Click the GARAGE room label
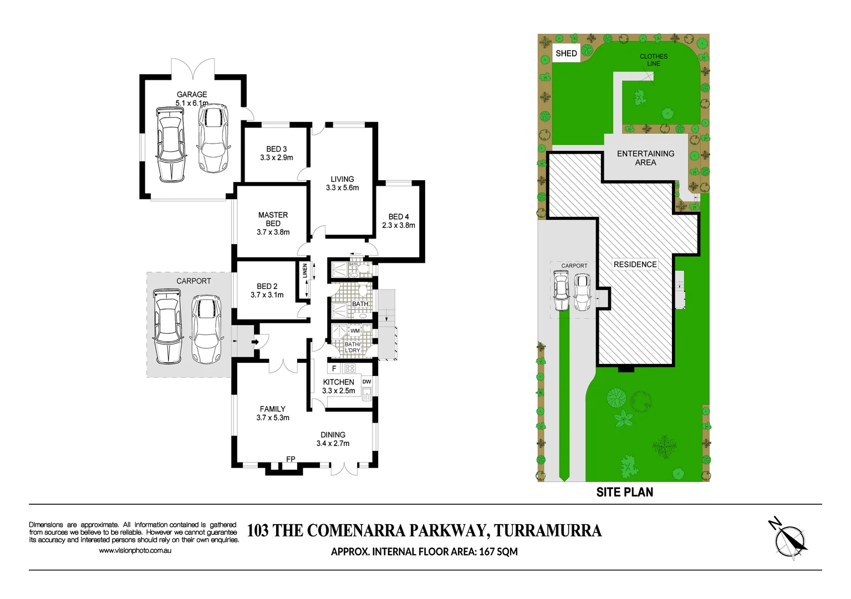[192, 94]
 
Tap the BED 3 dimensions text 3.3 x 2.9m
[277, 158]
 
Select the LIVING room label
[342, 179]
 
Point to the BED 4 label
[399, 216]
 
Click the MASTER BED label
[273, 219]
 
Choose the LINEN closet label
[305, 271]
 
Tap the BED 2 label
[267, 286]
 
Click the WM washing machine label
[355, 331]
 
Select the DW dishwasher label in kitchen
[366, 382]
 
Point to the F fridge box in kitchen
[334, 368]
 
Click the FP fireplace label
[291, 459]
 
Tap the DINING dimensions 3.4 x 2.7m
[333, 443]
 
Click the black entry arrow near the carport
[255, 342]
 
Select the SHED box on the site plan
[566, 53]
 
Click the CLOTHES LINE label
[654, 60]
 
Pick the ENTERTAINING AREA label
[645, 158]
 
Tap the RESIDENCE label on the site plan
[635, 265]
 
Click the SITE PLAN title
[624, 492]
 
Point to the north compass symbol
[789, 540]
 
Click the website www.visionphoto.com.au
[135, 551]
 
